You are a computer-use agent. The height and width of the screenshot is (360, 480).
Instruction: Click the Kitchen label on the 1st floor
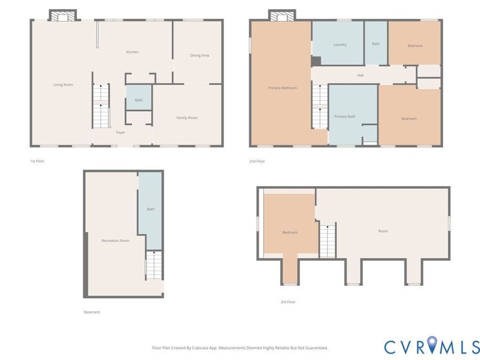pos(132,52)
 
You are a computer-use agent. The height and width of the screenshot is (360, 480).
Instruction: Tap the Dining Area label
pos(199,55)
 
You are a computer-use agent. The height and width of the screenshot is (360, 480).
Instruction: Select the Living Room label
pos(63,84)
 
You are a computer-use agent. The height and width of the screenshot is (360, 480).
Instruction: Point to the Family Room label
pos(187,117)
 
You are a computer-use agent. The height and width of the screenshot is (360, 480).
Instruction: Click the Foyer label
pos(121,133)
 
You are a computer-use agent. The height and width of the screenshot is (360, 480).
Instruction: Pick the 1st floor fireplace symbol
pos(63,15)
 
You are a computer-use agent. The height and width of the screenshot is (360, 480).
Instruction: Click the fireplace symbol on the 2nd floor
pos(282,15)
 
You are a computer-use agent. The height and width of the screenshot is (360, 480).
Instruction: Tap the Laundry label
pos(340,45)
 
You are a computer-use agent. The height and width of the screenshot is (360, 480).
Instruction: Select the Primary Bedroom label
pos(282,88)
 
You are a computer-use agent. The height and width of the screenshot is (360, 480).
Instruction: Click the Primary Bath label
pos(345,116)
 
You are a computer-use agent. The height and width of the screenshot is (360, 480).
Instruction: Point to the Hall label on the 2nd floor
pos(361,75)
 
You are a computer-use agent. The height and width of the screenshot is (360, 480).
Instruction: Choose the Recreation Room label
pos(115,241)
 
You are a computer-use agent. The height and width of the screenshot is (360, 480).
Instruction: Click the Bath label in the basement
pos(150,209)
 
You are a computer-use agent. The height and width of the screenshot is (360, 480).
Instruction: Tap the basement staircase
pos(154,265)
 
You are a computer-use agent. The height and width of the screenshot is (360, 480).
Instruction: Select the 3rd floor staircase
pos(327,241)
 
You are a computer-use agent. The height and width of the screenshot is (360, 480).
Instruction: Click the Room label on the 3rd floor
pos(383,231)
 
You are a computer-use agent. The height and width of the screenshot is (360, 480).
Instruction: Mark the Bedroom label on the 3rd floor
pos(290,233)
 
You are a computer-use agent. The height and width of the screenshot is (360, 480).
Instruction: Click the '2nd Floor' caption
pos(257,161)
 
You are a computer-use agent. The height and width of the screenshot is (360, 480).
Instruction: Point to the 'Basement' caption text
pos(92,312)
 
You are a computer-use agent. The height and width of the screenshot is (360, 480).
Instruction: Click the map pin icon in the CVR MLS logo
pos(432,344)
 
